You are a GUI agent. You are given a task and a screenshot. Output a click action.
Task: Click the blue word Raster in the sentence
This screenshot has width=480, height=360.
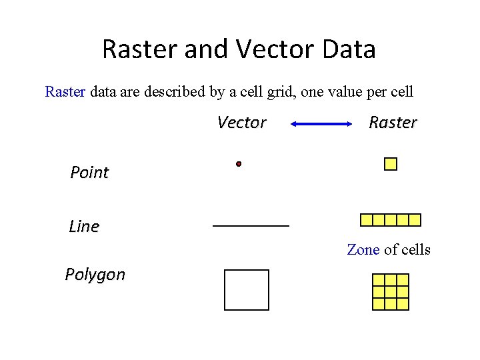tap(65, 91)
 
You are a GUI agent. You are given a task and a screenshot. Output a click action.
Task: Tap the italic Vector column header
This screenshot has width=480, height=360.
tap(241, 123)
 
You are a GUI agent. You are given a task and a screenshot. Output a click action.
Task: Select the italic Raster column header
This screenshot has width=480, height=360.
tap(393, 123)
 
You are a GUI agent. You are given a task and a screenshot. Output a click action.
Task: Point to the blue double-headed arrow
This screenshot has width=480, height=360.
tap(321, 123)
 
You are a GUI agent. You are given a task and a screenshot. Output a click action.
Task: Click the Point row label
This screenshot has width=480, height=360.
tap(89, 173)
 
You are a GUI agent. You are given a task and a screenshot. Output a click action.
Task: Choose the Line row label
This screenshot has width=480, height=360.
tap(84, 227)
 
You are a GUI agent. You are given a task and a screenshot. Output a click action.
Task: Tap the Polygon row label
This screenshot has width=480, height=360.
tap(95, 275)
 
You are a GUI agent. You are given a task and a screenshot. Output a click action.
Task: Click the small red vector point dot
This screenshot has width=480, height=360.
tap(238, 163)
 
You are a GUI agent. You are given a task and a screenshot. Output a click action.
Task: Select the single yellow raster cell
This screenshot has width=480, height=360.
tap(391, 164)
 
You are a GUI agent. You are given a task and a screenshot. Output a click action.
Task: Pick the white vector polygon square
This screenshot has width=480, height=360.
tap(247, 290)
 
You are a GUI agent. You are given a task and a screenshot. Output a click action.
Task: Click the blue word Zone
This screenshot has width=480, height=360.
tap(363, 250)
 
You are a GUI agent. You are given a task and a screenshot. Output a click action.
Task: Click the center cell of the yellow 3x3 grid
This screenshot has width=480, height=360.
tap(391, 292)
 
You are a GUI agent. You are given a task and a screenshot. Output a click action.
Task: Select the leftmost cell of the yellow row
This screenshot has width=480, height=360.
tap(366, 220)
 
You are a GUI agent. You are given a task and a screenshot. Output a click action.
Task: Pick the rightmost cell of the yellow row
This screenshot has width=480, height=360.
tap(415, 220)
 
